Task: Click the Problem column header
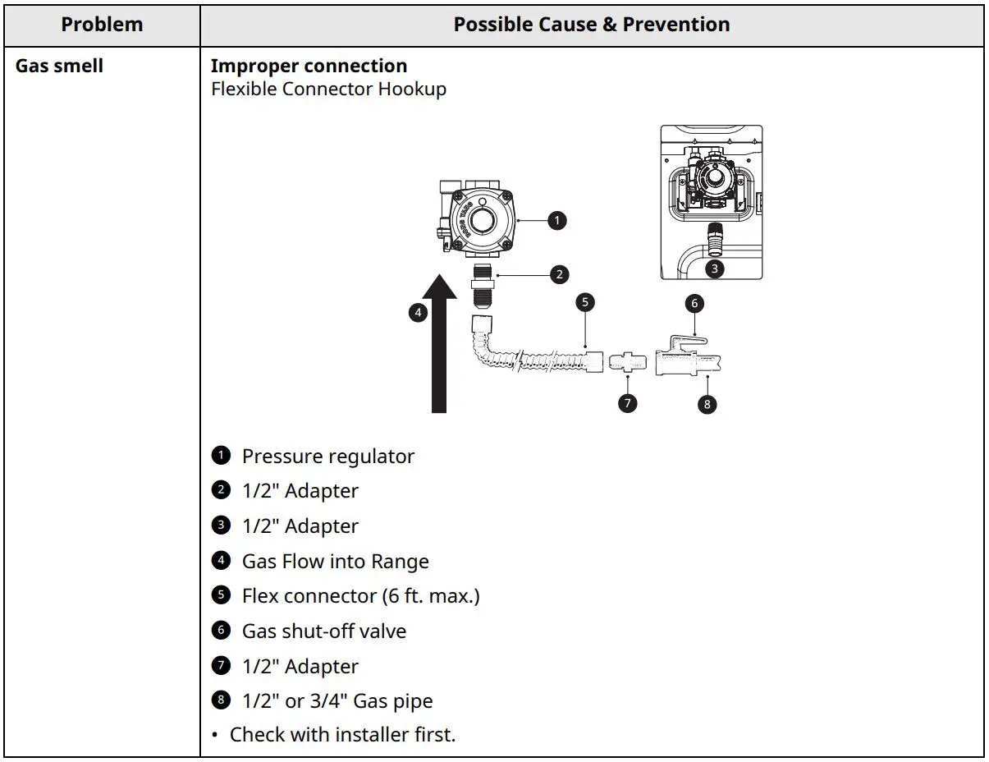(x=102, y=25)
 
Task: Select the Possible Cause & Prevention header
(x=592, y=25)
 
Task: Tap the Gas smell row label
(x=59, y=66)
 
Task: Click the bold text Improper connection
(x=309, y=66)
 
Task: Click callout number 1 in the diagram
(x=557, y=220)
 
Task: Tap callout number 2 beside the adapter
(x=560, y=274)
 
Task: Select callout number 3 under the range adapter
(x=714, y=268)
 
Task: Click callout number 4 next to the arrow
(x=418, y=312)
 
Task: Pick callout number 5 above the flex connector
(x=585, y=302)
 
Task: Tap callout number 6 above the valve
(x=694, y=303)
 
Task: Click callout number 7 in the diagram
(x=627, y=403)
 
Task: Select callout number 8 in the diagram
(x=706, y=403)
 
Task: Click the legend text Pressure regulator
(x=327, y=457)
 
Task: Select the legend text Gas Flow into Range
(x=335, y=562)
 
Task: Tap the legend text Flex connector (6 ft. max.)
(x=360, y=596)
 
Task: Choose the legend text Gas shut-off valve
(x=323, y=631)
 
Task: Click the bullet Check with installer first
(x=341, y=735)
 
